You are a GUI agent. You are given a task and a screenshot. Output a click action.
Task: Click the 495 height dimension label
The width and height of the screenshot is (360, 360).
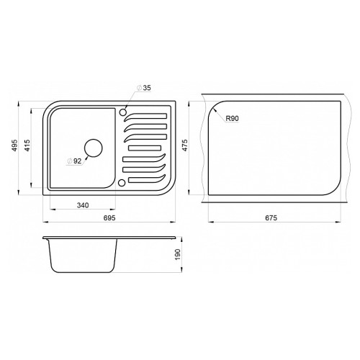pos(15,145)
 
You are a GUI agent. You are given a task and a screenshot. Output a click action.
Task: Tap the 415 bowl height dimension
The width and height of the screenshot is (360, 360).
pos(27,145)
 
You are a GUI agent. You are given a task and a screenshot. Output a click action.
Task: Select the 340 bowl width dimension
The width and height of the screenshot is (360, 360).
pos(83,205)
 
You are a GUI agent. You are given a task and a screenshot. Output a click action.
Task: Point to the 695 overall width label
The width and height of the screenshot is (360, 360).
pos(109,217)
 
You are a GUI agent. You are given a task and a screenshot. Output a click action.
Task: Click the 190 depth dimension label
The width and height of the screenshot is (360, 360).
pos(178,254)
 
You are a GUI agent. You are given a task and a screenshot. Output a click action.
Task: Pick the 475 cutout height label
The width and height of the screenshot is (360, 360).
pos(185,145)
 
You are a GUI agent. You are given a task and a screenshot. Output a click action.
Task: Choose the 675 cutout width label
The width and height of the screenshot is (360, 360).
pos(271,217)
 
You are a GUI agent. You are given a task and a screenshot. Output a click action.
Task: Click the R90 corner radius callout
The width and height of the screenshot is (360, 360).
pos(233,118)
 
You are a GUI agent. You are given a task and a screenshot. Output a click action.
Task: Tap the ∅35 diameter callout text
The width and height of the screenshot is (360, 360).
pos(144,88)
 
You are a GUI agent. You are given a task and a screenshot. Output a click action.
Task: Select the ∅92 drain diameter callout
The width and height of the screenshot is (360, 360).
pos(74,161)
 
